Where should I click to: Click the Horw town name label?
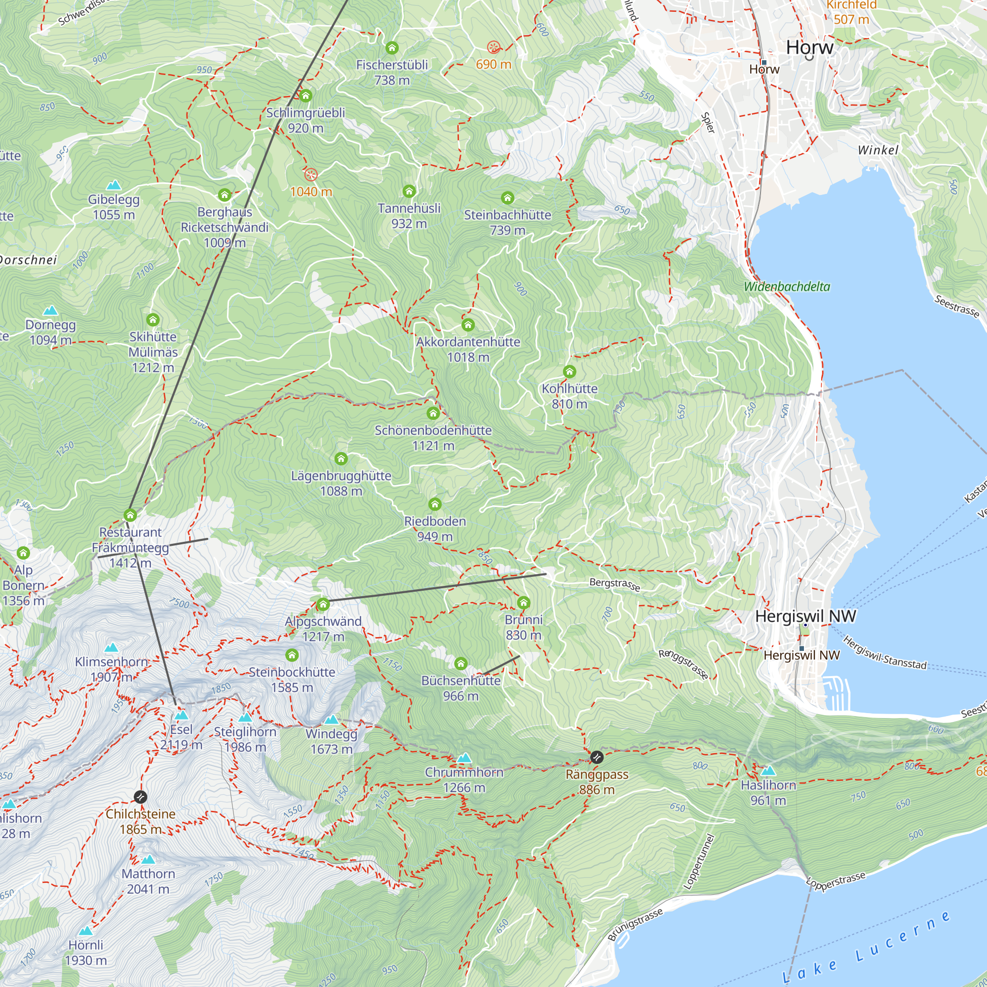809,47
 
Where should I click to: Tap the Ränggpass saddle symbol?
596,757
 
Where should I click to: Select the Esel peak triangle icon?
181,715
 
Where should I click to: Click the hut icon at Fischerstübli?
392,47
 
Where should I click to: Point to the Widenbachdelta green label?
787,287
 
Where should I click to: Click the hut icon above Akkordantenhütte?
468,324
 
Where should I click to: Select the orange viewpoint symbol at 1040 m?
310,175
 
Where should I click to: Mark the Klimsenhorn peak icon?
112,648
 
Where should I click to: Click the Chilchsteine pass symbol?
141,797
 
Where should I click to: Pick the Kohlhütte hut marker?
569,372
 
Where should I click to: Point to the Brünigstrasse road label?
635,924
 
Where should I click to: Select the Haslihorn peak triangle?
768,770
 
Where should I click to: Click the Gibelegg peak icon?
114,185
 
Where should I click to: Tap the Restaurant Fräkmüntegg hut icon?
130,514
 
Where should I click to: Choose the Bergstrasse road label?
614,584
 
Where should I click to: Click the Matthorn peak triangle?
148,859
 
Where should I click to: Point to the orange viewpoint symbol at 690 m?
493,47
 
